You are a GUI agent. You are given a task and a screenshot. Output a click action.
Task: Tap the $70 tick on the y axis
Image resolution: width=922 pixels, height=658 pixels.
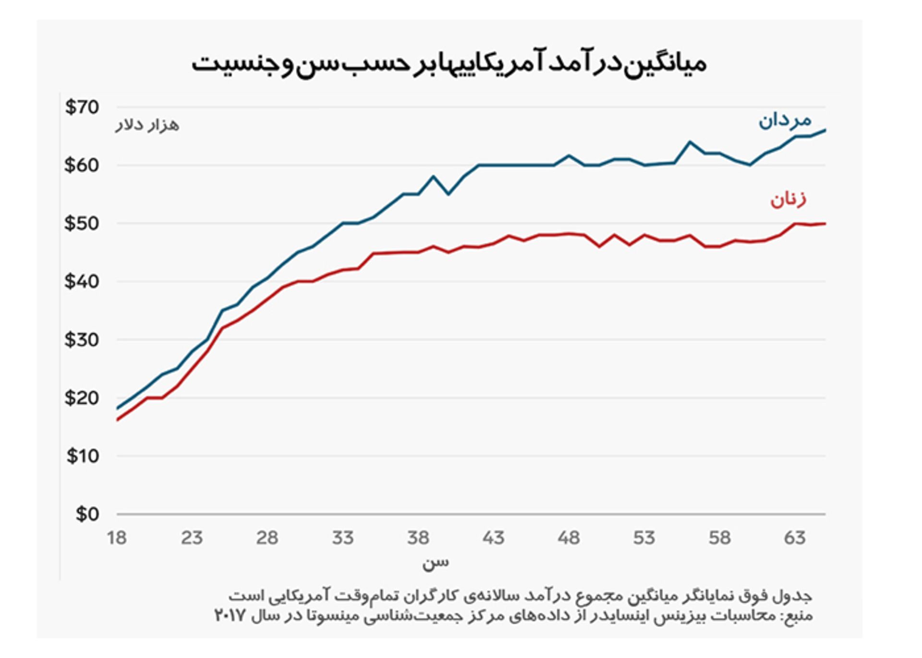[82, 107]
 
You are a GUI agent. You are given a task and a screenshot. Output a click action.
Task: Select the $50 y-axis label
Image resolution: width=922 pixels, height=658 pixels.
[82, 224]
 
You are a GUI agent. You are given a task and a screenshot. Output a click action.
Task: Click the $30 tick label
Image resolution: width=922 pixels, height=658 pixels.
[82, 340]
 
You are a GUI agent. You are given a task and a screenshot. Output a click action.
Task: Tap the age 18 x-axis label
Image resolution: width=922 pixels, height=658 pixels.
[117, 538]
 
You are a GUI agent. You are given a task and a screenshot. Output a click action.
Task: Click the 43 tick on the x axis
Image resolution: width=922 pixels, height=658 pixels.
[493, 538]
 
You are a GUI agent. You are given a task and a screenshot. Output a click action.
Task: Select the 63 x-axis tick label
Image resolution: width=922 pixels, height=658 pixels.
[795, 538]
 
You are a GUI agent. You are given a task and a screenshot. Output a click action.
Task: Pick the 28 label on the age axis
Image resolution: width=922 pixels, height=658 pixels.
[267, 538]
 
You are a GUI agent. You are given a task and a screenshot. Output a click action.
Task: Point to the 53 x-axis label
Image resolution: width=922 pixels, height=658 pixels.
[644, 538]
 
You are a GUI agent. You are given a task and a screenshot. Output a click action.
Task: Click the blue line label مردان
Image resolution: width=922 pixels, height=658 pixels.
[785, 120]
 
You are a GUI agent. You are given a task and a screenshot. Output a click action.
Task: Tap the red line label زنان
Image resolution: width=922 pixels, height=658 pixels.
[788, 199]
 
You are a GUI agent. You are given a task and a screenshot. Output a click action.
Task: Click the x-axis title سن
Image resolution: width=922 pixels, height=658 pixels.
[435, 562]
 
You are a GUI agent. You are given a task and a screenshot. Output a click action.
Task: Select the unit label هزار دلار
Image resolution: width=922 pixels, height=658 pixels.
[147, 125]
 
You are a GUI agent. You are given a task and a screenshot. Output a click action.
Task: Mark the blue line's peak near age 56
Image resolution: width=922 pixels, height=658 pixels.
[690, 142]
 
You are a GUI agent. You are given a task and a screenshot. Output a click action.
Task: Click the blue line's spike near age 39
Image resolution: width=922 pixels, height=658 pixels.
[433, 177]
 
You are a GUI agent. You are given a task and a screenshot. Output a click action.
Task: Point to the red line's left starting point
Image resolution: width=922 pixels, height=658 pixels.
[118, 420]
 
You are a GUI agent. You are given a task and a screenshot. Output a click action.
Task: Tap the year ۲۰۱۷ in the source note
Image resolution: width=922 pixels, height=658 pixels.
[230, 615]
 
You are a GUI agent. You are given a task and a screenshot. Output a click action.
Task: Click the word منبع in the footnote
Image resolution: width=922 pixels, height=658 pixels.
[800, 615]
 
